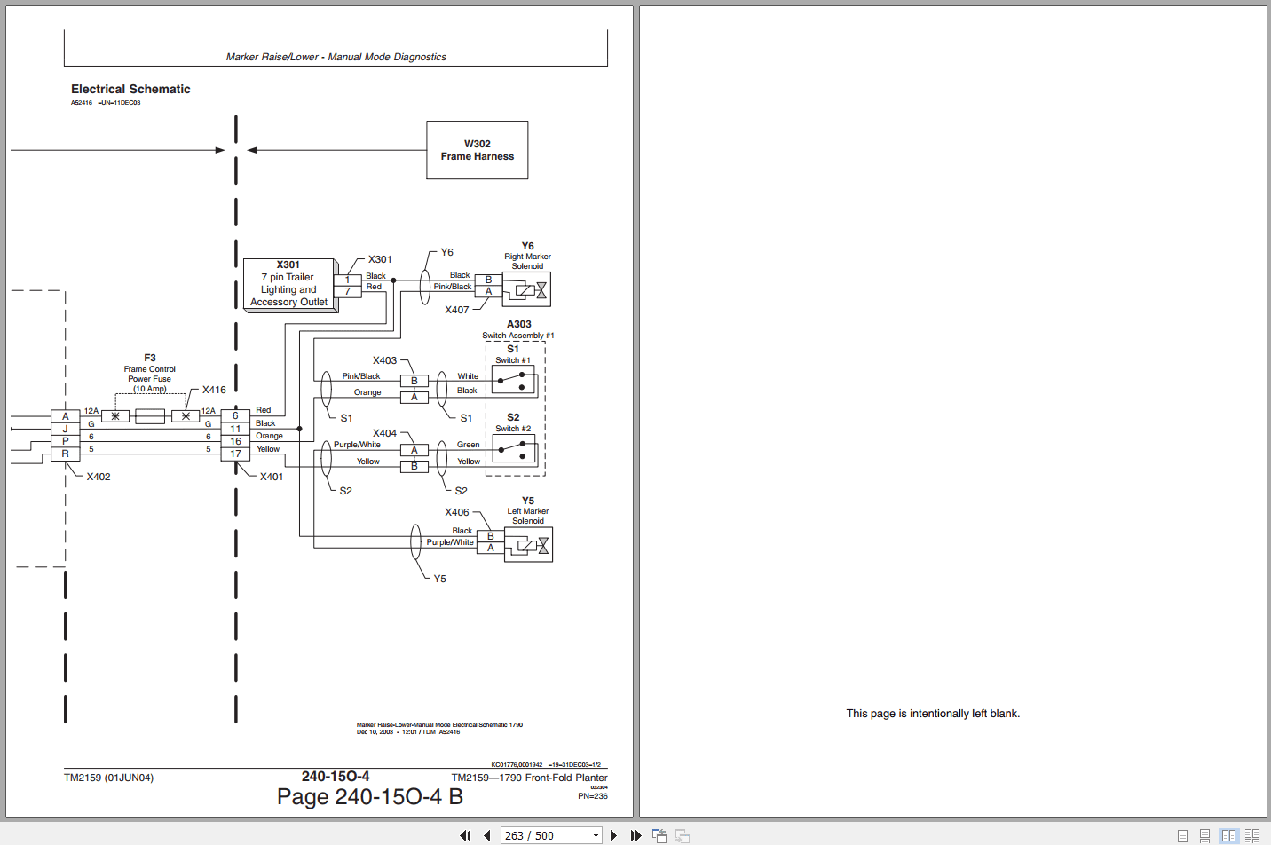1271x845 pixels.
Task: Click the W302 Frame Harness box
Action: (477, 150)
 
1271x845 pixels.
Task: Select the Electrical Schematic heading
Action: (130, 89)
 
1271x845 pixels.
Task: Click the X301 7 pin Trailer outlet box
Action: (288, 284)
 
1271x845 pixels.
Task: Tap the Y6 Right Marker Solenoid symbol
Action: (526, 289)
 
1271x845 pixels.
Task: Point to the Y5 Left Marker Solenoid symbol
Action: (528, 545)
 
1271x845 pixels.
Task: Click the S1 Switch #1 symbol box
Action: (514, 381)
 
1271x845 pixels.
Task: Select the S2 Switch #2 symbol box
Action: (514, 450)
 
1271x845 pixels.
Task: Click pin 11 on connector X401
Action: (235, 429)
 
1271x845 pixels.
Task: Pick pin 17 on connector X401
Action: (235, 454)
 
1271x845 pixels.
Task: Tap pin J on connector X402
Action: (65, 429)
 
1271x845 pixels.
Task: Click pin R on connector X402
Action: (65, 454)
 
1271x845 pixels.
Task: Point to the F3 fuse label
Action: (149, 359)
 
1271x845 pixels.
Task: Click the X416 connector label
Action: (214, 390)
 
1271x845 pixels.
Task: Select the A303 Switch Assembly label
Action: (518, 325)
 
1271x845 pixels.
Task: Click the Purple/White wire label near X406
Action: (450, 542)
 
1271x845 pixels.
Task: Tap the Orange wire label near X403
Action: (367, 392)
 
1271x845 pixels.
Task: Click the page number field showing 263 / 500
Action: (550, 835)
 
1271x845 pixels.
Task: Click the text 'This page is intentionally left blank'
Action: (933, 714)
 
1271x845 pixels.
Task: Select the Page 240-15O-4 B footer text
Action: (369, 796)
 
